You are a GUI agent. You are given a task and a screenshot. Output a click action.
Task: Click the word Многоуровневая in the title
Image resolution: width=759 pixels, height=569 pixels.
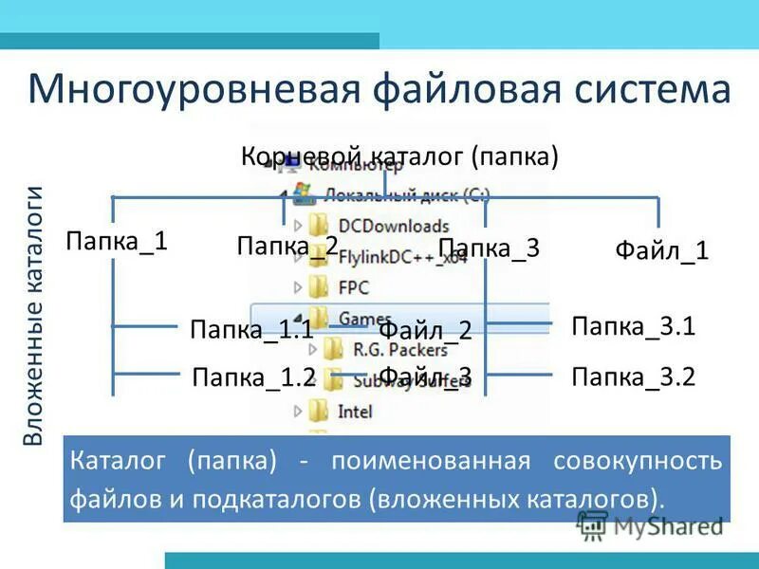pos(193,91)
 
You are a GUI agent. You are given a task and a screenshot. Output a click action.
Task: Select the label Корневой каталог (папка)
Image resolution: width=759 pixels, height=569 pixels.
pos(399,156)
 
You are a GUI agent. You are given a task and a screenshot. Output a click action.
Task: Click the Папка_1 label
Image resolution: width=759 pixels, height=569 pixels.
pos(117,241)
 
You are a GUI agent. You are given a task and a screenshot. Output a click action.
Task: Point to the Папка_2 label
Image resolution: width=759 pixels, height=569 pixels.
pos(287,248)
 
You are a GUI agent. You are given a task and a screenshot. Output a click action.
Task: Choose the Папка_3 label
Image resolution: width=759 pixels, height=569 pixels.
pos(489,248)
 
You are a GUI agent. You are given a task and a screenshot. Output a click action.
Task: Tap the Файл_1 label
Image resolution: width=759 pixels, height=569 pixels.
pos(661,251)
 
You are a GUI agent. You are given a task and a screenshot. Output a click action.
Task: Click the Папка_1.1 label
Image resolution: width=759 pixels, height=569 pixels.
pos(251,330)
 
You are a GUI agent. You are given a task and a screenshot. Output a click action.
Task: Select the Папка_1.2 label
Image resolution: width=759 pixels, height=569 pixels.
pos(252,377)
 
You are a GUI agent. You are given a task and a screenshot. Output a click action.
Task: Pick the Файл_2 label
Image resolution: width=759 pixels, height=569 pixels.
pos(425,331)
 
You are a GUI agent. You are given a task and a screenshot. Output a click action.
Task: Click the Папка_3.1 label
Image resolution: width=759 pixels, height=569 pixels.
pos(634,327)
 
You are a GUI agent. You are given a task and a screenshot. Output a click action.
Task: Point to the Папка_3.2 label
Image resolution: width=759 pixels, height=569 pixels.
pos(634,377)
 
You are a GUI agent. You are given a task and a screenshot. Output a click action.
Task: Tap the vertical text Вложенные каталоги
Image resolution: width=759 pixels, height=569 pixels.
pos(34,316)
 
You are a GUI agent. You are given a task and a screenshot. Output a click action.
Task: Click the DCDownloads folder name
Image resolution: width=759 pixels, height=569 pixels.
pos(379,227)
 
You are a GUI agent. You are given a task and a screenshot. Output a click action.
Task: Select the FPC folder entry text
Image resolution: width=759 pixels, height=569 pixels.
pos(354,286)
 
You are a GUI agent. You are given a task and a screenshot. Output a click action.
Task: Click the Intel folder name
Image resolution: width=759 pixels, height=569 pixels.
pos(356,412)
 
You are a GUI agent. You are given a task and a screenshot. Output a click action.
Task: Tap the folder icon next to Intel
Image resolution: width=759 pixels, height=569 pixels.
pos(320,412)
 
